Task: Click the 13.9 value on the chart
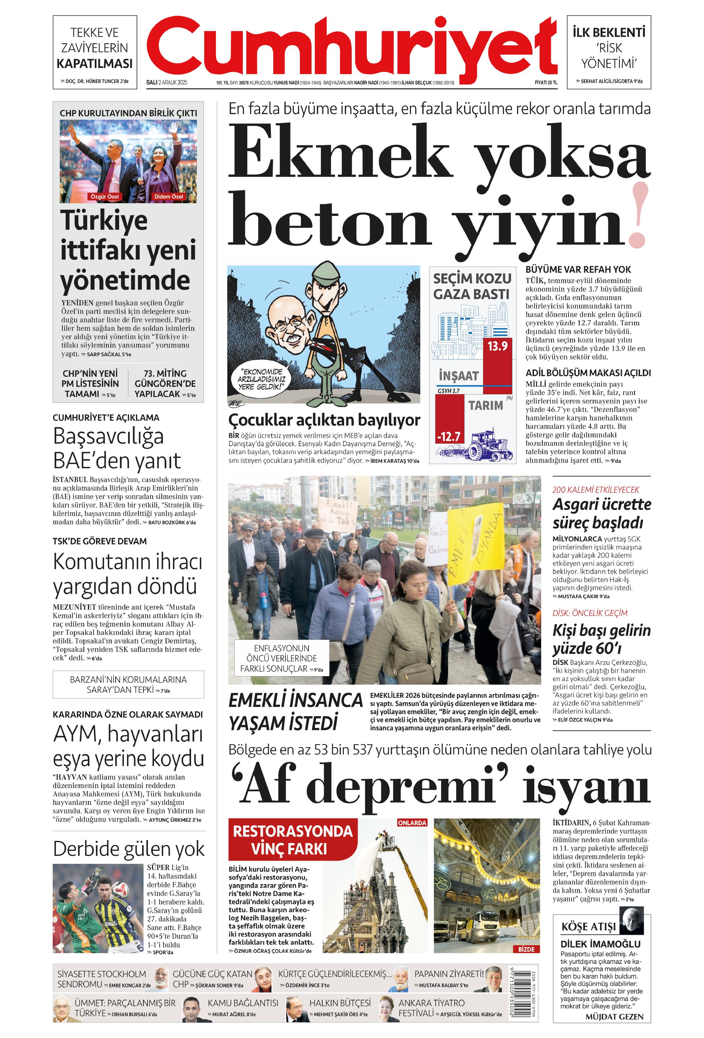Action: [497, 346]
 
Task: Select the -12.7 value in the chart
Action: [449, 436]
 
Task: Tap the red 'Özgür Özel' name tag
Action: [104, 196]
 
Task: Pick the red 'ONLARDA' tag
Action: [412, 823]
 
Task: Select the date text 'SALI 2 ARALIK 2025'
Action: [167, 83]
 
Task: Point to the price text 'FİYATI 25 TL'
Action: [546, 83]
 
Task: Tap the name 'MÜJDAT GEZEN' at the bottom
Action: [614, 1017]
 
